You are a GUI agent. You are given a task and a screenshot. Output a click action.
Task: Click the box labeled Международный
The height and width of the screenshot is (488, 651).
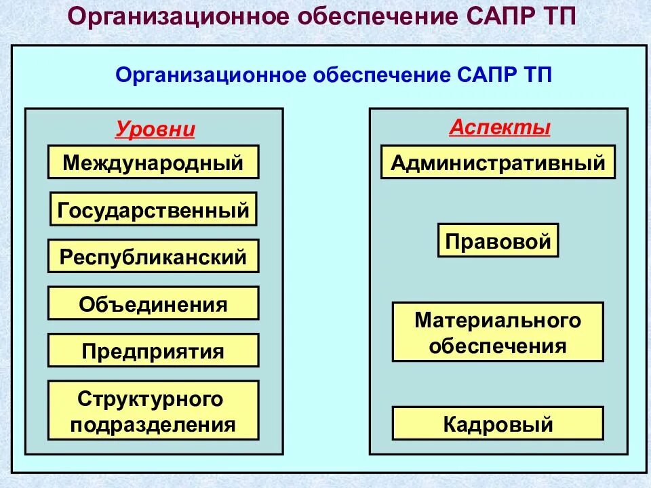pyautogui.click(x=153, y=162)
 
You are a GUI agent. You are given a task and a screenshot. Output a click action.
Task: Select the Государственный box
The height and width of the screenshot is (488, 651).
pyautogui.click(x=153, y=209)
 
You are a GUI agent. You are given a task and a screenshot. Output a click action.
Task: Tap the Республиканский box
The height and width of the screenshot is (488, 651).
pyautogui.click(x=153, y=256)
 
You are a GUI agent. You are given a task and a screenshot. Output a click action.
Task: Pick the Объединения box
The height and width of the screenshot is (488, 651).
pyautogui.click(x=153, y=303)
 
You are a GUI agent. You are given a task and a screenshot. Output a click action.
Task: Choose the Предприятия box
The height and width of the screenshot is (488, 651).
pyautogui.click(x=153, y=350)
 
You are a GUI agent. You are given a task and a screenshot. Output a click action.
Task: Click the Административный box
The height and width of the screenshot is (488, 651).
pyautogui.click(x=498, y=162)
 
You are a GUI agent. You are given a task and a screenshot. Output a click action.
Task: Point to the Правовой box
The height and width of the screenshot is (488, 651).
pyautogui.click(x=498, y=241)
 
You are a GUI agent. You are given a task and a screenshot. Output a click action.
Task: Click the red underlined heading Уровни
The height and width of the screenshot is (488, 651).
pyautogui.click(x=155, y=129)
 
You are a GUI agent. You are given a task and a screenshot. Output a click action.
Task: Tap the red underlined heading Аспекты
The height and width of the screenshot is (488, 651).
pyautogui.click(x=500, y=127)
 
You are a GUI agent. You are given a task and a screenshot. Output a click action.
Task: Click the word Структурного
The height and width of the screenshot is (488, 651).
pyautogui.click(x=150, y=399)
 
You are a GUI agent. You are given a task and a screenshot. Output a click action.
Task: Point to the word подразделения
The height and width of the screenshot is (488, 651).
pyautogui.click(x=153, y=424)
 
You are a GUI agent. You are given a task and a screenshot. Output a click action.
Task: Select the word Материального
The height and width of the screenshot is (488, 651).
pyautogui.click(x=498, y=320)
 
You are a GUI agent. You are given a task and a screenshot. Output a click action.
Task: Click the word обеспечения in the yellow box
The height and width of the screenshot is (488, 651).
pyautogui.click(x=498, y=346)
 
